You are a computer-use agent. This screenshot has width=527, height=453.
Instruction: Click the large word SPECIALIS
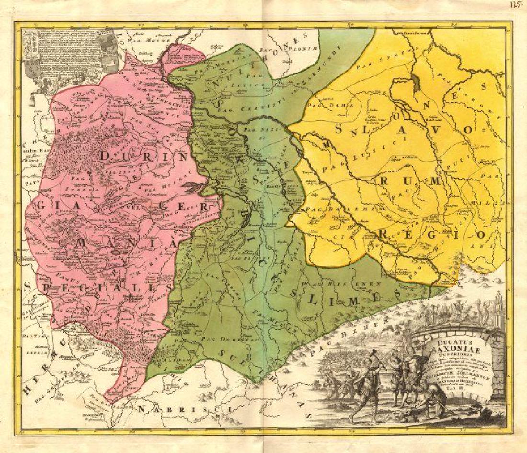click(97, 287)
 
